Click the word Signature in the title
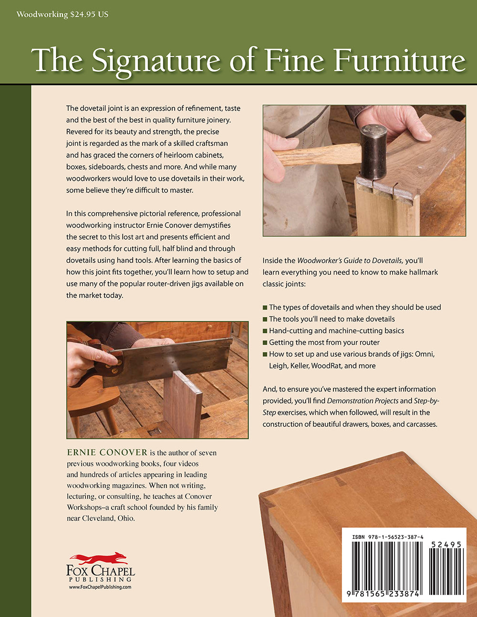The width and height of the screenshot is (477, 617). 156,61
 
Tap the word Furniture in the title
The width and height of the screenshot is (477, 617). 399,61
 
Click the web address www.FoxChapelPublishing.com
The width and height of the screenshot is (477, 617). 100,587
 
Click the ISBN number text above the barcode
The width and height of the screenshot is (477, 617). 387,537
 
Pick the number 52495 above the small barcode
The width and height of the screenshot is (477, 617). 446,544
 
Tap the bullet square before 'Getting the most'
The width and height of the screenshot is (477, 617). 265,342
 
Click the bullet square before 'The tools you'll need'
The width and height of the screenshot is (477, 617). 265,319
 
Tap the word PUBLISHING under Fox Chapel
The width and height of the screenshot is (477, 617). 100,579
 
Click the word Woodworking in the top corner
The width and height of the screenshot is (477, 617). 42,14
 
